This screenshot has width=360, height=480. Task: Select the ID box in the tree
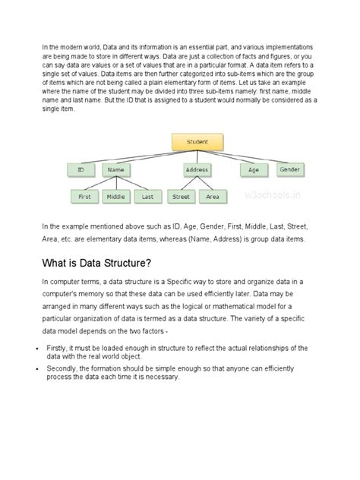tap(81, 170)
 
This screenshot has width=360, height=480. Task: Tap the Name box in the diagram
tap(115, 170)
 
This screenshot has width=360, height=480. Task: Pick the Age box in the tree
tap(254, 170)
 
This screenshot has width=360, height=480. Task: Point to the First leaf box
tap(84, 197)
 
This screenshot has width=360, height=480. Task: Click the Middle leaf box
tap(116, 197)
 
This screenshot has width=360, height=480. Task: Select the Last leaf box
tap(147, 197)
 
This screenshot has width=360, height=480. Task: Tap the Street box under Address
tap(181, 197)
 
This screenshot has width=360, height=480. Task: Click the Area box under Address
tap(213, 197)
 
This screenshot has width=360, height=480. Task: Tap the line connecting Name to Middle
tap(116, 183)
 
